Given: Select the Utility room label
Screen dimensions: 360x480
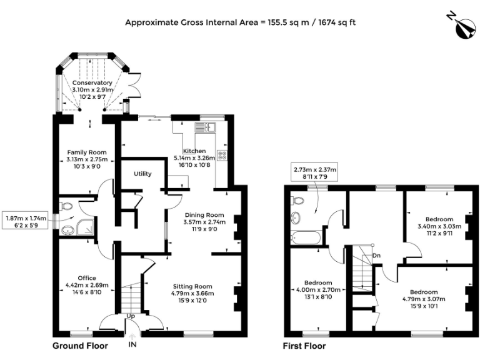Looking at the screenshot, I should click(x=142, y=174).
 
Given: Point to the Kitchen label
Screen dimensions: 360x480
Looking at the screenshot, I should click(x=194, y=151).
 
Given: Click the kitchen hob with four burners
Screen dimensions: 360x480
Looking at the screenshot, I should click(x=222, y=154).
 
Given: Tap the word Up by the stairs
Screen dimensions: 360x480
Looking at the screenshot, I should click(x=131, y=316).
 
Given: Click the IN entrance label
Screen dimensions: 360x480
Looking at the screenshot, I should click(x=132, y=344).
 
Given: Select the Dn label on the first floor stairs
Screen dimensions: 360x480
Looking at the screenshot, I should click(x=376, y=255).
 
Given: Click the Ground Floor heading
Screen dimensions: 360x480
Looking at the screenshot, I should click(x=80, y=346).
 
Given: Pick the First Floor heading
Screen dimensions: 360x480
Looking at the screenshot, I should click(x=304, y=346).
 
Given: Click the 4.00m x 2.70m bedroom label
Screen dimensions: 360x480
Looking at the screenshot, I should click(x=318, y=290).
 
